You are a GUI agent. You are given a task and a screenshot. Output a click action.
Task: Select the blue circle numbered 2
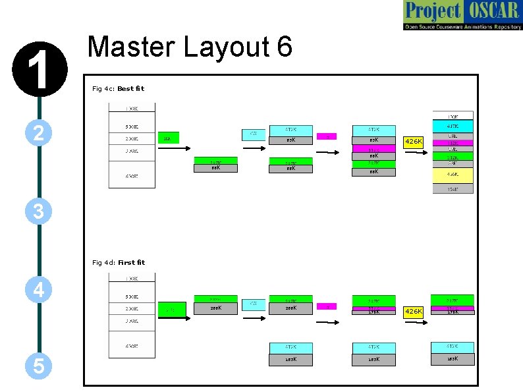click(39, 134)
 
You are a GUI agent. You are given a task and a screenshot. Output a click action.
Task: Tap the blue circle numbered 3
click(39, 211)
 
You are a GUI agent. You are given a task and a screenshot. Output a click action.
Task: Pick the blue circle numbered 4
click(39, 289)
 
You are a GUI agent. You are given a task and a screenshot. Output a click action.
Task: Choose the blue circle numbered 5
click(39, 366)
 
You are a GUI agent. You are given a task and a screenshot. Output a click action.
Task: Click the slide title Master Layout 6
click(190, 47)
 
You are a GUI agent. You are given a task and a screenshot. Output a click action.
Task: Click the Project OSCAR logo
click(462, 16)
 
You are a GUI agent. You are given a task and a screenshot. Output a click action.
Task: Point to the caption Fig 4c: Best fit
click(118, 88)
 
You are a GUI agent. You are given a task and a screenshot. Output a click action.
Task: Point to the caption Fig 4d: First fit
click(119, 262)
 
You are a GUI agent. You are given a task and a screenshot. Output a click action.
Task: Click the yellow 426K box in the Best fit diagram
click(413, 142)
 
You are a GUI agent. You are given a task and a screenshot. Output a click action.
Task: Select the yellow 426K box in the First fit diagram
click(413, 311)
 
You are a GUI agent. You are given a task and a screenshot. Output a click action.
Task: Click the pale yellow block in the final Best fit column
click(453, 175)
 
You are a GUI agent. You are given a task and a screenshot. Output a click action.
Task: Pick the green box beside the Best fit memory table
click(169, 137)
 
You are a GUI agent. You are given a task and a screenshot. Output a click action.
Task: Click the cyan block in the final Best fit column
click(453, 125)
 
